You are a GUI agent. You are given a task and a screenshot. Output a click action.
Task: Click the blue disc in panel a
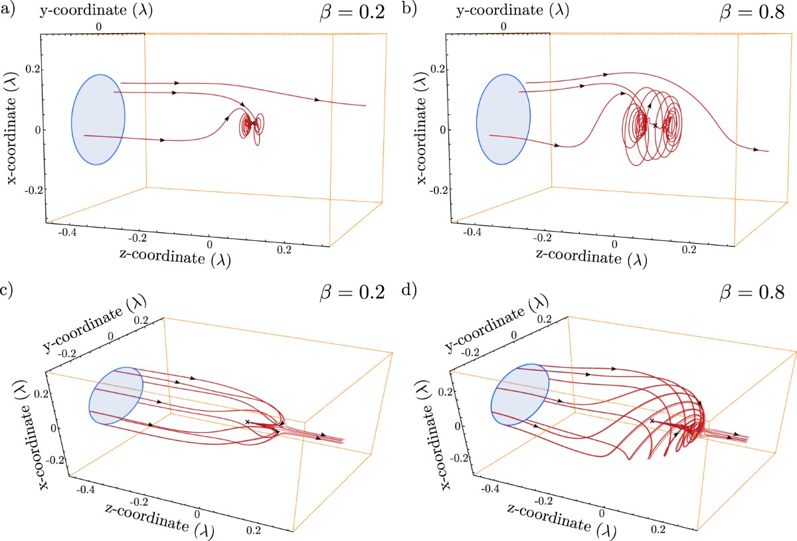(x=98, y=119)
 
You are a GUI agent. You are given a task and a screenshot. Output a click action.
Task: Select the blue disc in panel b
(x=503, y=119)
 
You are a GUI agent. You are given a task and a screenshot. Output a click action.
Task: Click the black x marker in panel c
(x=248, y=422)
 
